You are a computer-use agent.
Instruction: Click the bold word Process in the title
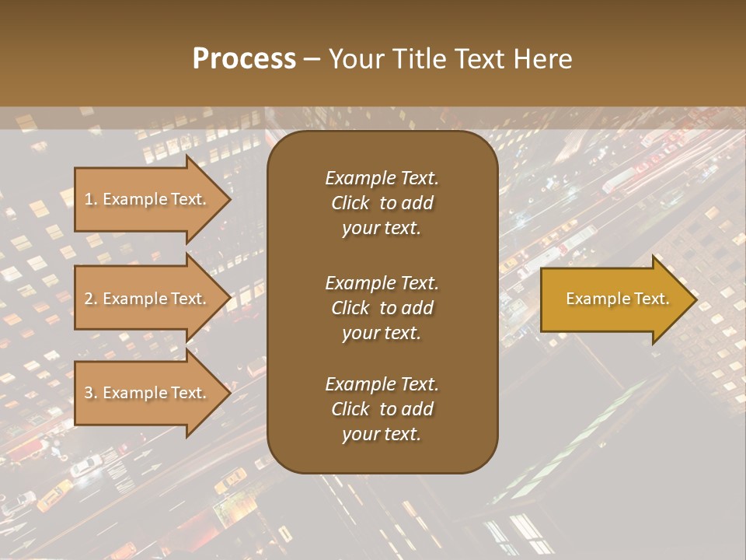coord(244,59)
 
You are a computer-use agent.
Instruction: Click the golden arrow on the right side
coord(614,299)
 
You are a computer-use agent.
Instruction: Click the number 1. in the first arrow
coord(91,199)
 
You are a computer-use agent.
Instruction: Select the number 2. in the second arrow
coord(91,299)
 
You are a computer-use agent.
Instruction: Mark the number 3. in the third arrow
coord(91,393)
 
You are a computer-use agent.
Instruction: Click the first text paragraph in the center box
coord(382,203)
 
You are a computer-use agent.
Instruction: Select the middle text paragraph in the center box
coord(382,307)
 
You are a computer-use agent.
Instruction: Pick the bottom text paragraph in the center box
coord(382,409)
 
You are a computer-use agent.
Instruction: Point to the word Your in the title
coord(352,59)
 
